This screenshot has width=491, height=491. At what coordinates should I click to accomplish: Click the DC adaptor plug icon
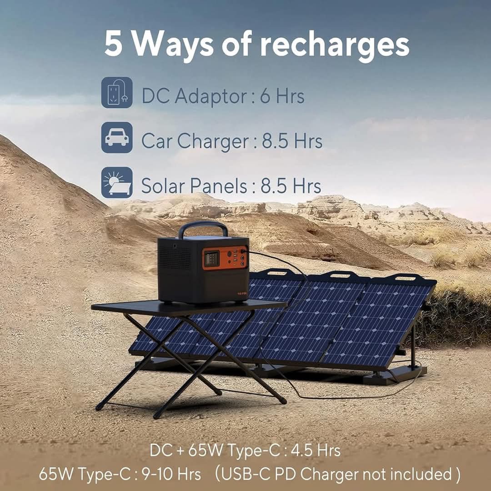tap(117, 93)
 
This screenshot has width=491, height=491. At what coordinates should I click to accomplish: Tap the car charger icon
tap(117, 137)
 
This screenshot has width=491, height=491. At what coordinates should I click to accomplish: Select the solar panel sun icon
tap(117, 183)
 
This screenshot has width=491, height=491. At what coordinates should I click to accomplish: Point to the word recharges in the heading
tap(335, 46)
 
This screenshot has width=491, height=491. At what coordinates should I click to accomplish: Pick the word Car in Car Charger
tap(156, 141)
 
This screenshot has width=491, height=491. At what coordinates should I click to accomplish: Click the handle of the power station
tap(203, 227)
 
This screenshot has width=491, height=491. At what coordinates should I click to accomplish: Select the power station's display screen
tap(211, 259)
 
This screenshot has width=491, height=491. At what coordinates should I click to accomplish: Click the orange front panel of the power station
tap(225, 258)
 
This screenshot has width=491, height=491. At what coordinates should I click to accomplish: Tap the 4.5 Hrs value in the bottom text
tap(316, 451)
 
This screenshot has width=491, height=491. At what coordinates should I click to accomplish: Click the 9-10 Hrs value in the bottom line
tap(171, 474)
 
